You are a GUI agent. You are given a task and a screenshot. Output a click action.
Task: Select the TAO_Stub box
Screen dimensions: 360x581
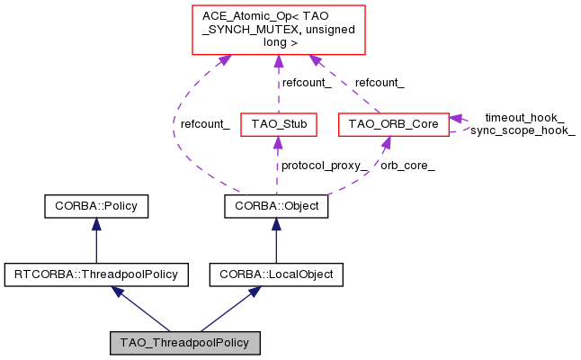(x=278, y=124)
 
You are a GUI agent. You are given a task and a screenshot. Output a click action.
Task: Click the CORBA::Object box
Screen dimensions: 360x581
(x=276, y=207)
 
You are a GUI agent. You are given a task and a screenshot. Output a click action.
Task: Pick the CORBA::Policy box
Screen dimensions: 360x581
(x=96, y=207)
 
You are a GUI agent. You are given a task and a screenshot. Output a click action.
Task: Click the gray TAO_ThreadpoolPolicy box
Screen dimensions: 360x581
(x=184, y=343)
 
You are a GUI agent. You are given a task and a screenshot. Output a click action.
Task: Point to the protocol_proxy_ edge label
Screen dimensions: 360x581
(x=325, y=166)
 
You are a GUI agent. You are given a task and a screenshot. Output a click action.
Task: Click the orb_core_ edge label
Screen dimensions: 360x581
(x=408, y=166)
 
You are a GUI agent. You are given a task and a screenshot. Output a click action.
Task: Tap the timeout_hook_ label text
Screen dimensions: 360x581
(x=524, y=118)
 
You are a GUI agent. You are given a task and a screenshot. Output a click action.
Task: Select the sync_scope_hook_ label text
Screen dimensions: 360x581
(x=523, y=130)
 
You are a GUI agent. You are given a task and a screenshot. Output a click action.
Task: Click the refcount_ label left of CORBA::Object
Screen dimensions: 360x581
(x=205, y=124)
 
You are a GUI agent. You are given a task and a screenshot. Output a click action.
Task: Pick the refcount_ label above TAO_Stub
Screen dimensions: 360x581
(x=307, y=83)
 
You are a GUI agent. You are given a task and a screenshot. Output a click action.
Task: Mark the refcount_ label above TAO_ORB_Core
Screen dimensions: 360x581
(x=380, y=83)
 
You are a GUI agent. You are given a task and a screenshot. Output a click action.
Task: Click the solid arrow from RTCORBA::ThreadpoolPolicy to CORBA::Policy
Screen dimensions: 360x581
(x=96, y=241)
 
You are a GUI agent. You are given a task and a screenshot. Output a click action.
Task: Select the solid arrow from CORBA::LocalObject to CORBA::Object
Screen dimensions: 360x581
(x=276, y=241)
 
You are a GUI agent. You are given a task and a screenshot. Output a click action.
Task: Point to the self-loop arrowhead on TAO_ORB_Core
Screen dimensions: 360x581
(x=456, y=119)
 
